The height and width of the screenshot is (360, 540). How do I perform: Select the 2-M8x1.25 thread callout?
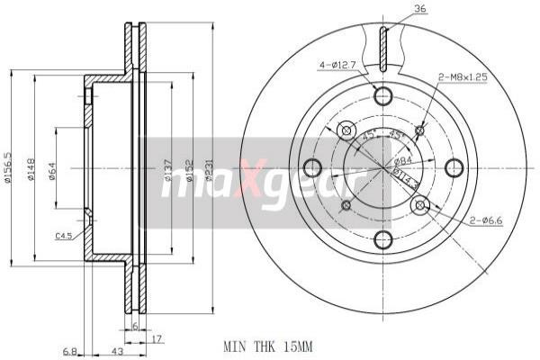(x=463, y=77)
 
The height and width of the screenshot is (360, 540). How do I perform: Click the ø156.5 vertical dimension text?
(x=8, y=167)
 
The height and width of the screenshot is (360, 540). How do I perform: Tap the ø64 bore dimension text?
(x=53, y=168)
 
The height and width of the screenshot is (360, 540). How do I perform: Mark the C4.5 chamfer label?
(x=64, y=236)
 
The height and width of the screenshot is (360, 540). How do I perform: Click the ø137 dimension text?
(x=168, y=168)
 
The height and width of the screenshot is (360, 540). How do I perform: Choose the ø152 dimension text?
(x=189, y=168)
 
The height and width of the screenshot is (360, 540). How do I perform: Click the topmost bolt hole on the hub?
(x=383, y=96)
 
